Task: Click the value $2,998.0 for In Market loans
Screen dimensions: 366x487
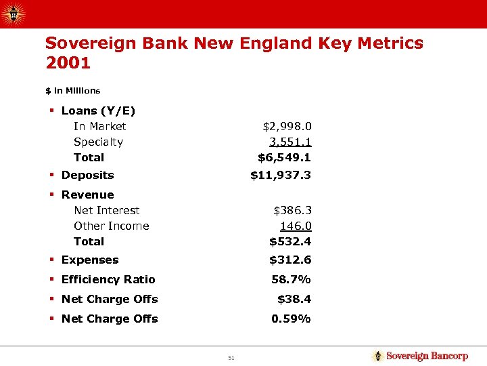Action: coord(287,126)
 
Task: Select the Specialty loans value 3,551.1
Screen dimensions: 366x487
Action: coord(290,142)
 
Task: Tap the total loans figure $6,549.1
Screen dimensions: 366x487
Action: coord(284,157)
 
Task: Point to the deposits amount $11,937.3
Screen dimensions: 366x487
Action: coord(281,175)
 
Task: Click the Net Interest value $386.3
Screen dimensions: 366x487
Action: coord(292,210)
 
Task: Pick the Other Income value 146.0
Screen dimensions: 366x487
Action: coord(296,226)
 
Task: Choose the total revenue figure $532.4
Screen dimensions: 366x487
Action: coord(290,241)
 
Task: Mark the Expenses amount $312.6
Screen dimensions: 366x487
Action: coord(290,260)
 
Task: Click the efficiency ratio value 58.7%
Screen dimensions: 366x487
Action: coord(291,279)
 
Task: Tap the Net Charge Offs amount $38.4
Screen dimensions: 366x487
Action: coord(294,299)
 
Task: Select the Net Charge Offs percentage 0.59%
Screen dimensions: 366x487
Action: coord(291,319)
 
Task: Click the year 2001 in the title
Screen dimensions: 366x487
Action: coord(68,64)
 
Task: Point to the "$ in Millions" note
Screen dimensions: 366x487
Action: coord(72,91)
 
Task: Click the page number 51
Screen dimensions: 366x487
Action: coord(231,358)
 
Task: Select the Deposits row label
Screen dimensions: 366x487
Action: coord(87,175)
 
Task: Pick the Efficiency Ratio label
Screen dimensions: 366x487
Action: coord(108,279)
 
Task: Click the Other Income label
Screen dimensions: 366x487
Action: coord(111,226)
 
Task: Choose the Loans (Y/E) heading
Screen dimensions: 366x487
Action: coord(98,110)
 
